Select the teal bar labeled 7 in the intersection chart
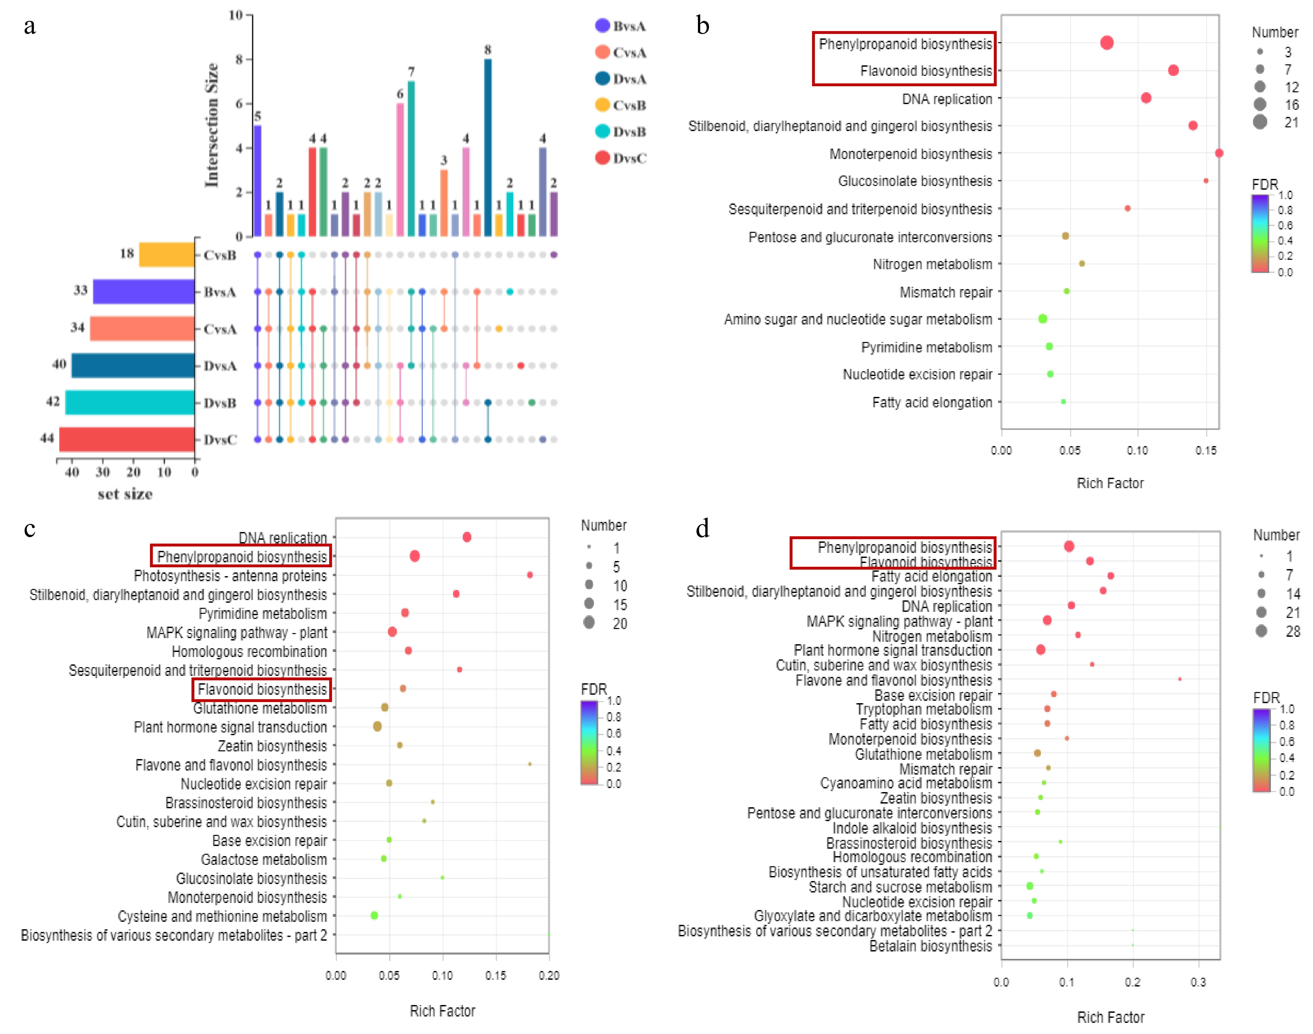411,159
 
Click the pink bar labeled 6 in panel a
400,169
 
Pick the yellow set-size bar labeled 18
166,255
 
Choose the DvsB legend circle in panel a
602,131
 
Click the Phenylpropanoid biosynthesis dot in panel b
1107,42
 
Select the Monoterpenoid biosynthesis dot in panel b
1219,153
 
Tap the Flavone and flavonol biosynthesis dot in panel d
1179,679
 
